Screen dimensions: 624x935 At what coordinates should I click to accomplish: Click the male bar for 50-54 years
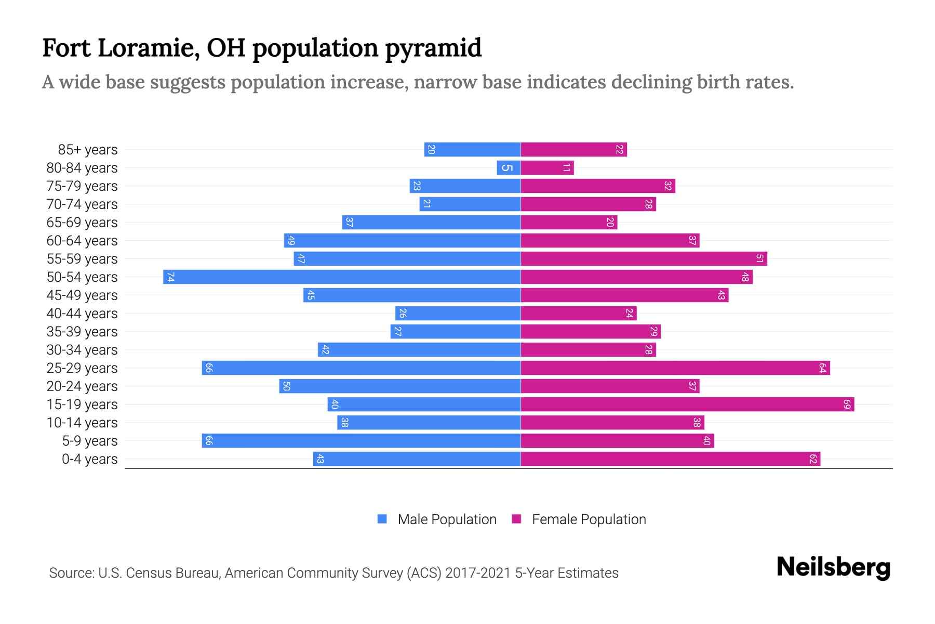tap(342, 277)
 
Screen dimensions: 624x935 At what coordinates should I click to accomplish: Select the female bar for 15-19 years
tap(687, 405)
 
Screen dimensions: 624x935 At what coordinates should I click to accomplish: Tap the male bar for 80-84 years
tap(509, 168)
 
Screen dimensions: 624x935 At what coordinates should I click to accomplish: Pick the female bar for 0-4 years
tap(670, 459)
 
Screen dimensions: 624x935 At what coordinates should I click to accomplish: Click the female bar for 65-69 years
tap(569, 223)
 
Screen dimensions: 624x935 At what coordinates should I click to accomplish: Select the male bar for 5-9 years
tap(361, 441)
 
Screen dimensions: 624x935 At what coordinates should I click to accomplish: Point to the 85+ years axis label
tap(88, 150)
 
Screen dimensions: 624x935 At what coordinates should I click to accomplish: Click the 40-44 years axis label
tap(82, 314)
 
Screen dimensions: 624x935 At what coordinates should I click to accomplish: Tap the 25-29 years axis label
tap(82, 368)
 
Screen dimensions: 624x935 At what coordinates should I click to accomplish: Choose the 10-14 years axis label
tap(82, 423)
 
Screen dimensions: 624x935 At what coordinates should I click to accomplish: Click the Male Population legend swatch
tap(382, 519)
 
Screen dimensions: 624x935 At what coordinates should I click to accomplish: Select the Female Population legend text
tap(589, 519)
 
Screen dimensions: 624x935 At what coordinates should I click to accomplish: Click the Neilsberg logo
tap(833, 567)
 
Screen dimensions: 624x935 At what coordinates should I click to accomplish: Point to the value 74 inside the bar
tap(170, 277)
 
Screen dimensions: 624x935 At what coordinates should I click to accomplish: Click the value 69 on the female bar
tap(847, 405)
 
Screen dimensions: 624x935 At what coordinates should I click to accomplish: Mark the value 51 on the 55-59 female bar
tap(759, 259)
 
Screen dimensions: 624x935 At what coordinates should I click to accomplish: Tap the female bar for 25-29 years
tap(675, 368)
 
